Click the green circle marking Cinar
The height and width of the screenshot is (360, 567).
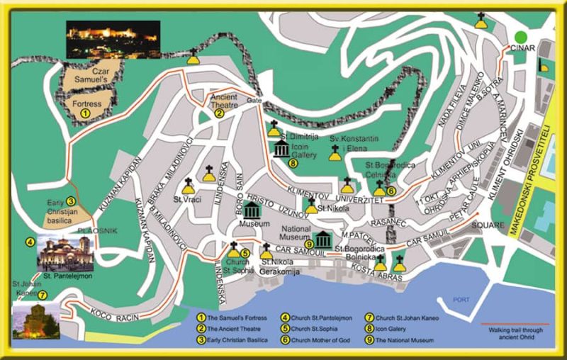[x=521, y=37]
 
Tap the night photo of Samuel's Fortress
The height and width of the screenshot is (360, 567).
[x=113, y=39]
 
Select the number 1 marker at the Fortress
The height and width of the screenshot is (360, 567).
[x=85, y=112]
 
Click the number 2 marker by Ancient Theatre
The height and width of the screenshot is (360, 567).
[x=219, y=113]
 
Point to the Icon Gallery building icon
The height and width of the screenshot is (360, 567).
[x=281, y=150]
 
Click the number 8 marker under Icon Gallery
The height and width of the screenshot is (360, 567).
[x=293, y=163]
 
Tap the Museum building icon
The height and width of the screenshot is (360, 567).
[x=253, y=210]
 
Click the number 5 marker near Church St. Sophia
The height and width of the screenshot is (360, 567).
[x=245, y=252]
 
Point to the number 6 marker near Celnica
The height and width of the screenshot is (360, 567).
[x=391, y=190]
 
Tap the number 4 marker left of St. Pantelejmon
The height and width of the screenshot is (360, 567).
[x=30, y=242]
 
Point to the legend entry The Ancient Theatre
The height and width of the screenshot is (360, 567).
[x=237, y=329]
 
